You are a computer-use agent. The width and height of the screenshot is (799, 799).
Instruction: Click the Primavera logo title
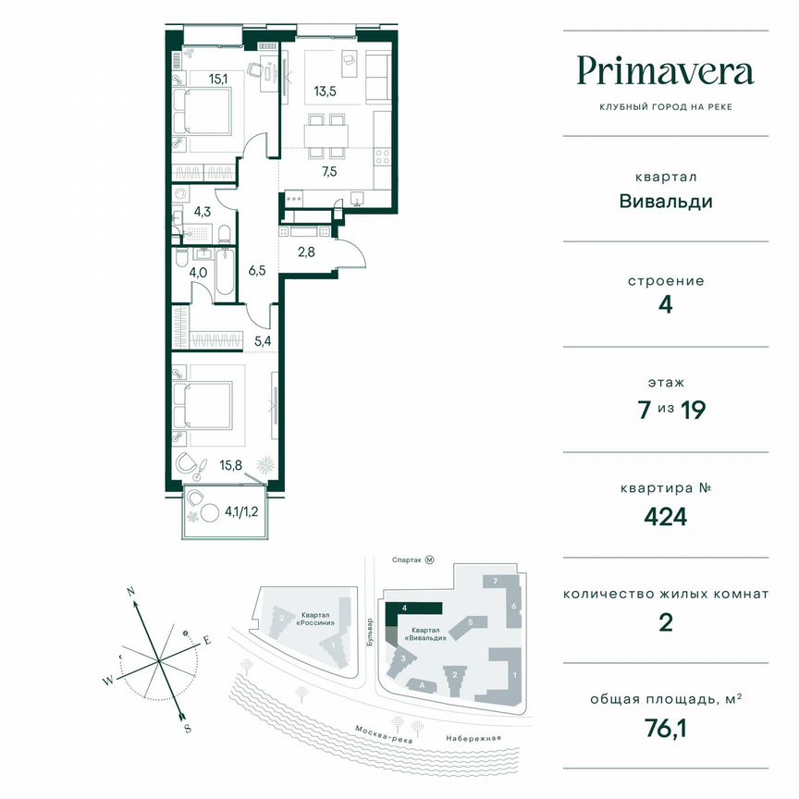(666, 70)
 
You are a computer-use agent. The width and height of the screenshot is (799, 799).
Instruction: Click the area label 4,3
(202, 211)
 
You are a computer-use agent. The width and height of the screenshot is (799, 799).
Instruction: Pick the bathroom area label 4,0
(199, 273)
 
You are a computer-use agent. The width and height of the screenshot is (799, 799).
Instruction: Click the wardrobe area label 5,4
(262, 340)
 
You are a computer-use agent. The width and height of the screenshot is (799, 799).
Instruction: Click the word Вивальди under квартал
(666, 202)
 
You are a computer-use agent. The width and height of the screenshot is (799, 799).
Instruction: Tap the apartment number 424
(666, 516)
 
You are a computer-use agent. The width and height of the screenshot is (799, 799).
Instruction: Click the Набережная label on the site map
(472, 737)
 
